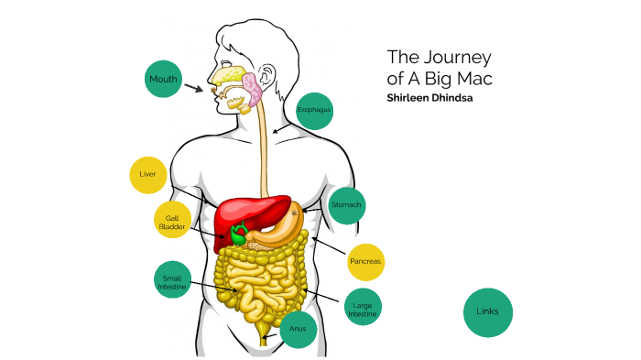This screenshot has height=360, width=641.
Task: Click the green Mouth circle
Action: [163, 80]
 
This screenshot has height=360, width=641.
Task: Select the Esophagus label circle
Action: [313, 110]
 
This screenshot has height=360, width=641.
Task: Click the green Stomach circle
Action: [347, 204]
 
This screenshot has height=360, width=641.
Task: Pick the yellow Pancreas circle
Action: [364, 262]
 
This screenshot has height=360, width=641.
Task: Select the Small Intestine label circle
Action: [173, 282]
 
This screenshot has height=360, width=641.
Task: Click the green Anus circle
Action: [298, 328]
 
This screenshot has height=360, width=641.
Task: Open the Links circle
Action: [488, 311]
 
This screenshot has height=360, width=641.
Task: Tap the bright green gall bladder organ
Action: [238, 234]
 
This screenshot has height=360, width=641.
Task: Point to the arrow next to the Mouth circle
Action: [194, 89]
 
